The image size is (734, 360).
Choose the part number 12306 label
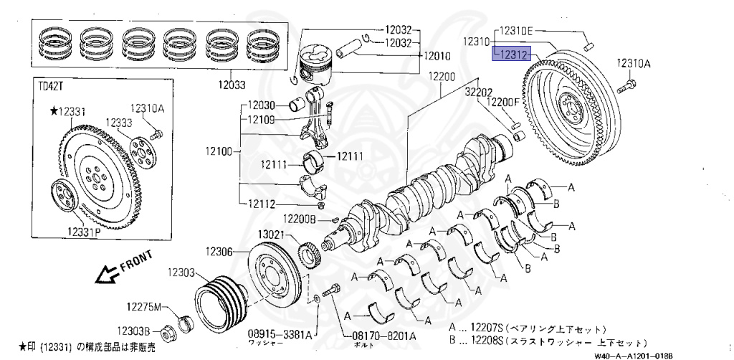[x=220, y=251]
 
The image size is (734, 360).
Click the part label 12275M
[x=146, y=306]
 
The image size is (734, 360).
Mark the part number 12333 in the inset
[x=120, y=123]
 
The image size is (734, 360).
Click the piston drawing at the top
[x=320, y=66]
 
